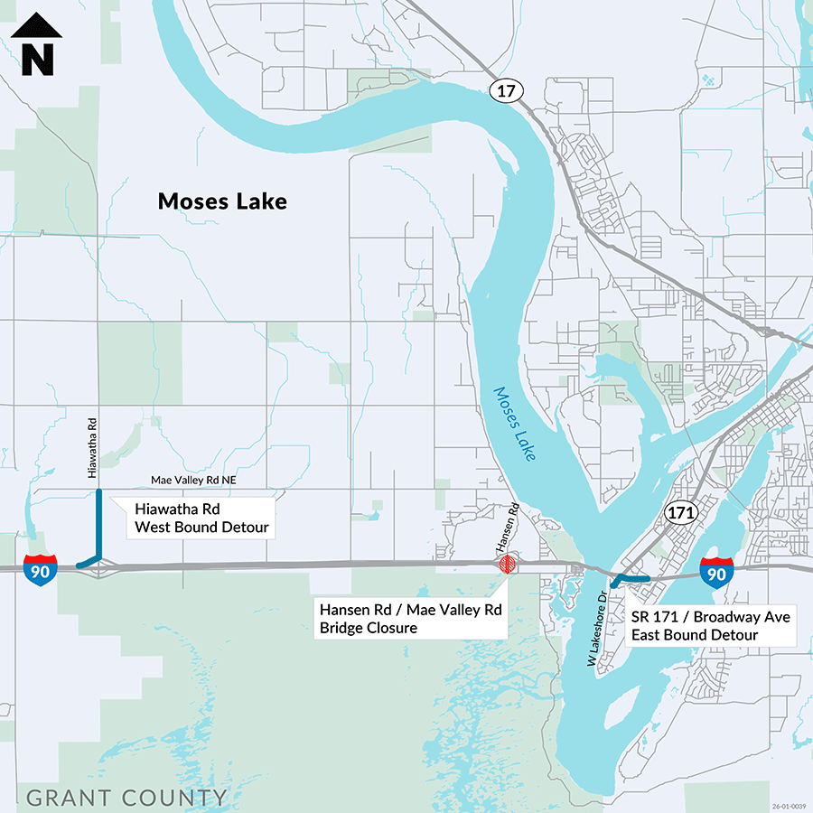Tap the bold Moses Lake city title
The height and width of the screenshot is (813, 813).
pyautogui.click(x=222, y=201)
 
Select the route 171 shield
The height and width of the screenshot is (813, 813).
pyautogui.click(x=682, y=513)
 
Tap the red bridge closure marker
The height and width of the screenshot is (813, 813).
pyautogui.click(x=509, y=565)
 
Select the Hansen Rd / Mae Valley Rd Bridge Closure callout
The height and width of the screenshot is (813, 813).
pyautogui.click(x=410, y=619)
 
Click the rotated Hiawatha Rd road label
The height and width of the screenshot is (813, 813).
pyautogui.click(x=92, y=447)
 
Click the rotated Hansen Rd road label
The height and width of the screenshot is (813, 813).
pyautogui.click(x=509, y=528)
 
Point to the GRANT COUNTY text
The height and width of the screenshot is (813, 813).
pyautogui.click(x=126, y=798)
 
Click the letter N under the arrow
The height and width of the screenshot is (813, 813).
pyautogui.click(x=37, y=60)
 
